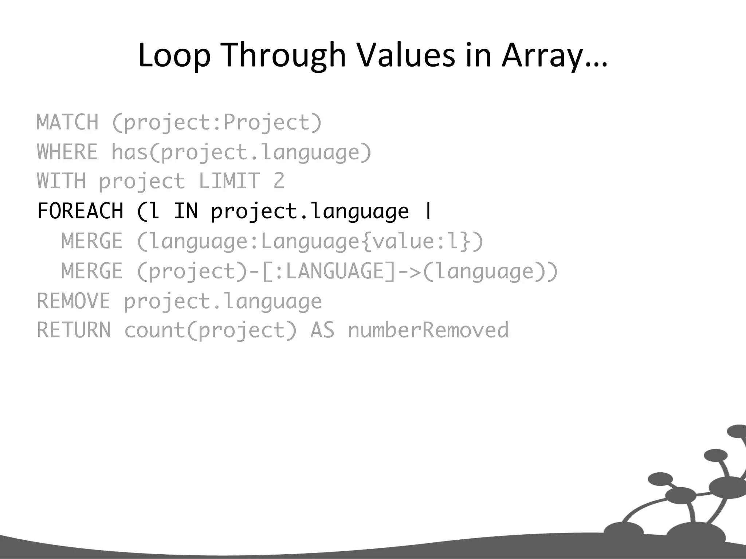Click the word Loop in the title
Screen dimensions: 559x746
[174, 55]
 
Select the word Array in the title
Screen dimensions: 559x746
[542, 55]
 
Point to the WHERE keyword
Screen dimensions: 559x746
[68, 152]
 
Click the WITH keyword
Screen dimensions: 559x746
[62, 181]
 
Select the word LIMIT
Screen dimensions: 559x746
[229, 181]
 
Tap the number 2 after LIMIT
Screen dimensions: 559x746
[279, 181]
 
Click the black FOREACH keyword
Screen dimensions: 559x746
[81, 211]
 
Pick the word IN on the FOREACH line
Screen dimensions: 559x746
[186, 211]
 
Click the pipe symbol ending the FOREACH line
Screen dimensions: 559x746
[428, 211]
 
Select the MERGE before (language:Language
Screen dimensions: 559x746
[92, 241]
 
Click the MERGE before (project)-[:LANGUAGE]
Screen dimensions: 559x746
[92, 271]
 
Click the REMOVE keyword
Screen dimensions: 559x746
[74, 301]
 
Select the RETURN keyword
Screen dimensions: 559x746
[74, 330]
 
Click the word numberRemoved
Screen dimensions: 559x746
[428, 330]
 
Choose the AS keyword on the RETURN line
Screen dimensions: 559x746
[322, 330]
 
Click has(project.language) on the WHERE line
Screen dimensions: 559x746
[241, 152]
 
